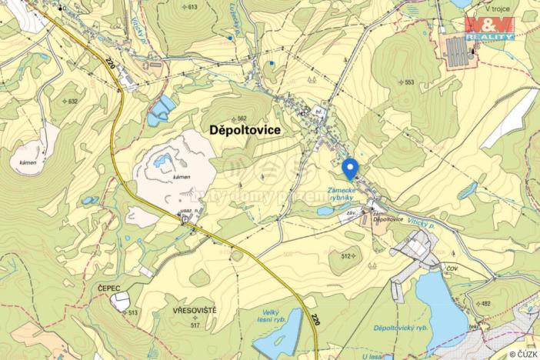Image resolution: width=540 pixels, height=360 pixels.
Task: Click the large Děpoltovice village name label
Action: point(245,132)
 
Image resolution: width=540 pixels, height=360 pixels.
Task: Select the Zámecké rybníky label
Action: point(340,193)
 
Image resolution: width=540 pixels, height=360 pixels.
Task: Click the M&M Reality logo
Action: point(489,28)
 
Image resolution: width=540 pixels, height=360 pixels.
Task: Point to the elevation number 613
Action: point(192,7)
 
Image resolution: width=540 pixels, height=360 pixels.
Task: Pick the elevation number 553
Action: point(409,82)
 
